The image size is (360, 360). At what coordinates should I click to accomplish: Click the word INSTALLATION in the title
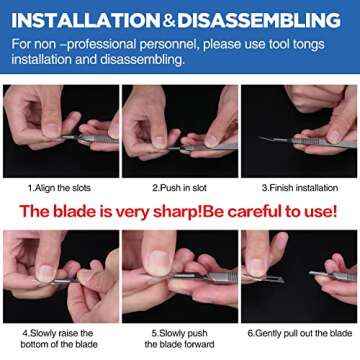point(85,19)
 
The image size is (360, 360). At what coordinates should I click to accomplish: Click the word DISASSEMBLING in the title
point(261,19)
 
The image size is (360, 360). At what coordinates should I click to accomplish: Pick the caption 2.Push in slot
point(180,186)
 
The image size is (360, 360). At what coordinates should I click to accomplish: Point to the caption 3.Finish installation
point(298,186)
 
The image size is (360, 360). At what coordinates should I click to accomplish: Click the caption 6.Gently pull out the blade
point(298,332)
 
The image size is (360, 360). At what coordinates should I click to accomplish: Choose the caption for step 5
point(180,338)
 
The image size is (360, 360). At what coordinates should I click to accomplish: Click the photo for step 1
point(60,131)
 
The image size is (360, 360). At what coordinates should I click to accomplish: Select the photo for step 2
point(180,131)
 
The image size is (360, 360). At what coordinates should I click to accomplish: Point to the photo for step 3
point(299,131)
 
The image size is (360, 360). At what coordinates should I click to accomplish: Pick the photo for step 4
point(60,276)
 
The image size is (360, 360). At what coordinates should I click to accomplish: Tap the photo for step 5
point(180,276)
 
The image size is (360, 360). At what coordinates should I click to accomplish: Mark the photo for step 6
point(299,276)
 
